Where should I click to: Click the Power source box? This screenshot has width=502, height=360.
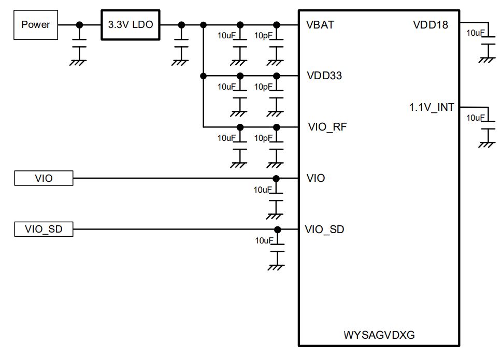[36, 24]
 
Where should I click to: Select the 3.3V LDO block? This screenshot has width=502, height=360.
[130, 24]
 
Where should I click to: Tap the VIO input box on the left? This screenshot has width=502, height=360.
[44, 178]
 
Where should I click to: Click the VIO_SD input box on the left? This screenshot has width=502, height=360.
[44, 229]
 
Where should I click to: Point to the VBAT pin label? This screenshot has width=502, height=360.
[320, 25]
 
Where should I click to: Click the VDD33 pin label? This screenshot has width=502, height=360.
[324, 76]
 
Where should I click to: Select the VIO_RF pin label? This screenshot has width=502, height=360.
[326, 127]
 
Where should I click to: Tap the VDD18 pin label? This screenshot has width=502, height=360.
[431, 25]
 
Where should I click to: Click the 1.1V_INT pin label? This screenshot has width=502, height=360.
[432, 107]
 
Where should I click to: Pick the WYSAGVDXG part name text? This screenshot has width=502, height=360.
[379, 335]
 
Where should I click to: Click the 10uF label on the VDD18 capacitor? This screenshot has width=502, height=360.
[476, 33]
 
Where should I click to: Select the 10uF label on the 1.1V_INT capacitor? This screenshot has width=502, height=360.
[476, 118]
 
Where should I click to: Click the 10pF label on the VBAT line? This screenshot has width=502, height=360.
[263, 36]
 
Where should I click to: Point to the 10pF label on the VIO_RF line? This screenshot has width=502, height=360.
[263, 138]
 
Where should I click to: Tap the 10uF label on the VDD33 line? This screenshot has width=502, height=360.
[226, 87]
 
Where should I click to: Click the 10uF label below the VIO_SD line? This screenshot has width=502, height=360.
[264, 240]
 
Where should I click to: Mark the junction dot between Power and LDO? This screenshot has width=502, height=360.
[79, 24]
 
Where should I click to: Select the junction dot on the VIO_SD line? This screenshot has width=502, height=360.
[277, 229]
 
